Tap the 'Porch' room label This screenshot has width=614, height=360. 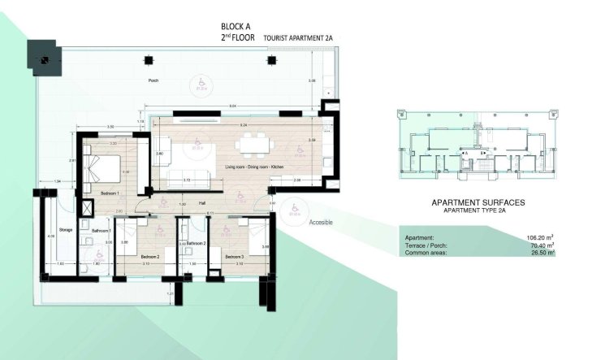(153, 81)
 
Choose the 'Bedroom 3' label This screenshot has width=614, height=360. (236, 256)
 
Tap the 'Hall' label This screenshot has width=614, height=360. (201, 204)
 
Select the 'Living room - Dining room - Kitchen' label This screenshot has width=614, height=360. (254, 167)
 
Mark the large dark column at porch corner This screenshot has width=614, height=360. (42, 54)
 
